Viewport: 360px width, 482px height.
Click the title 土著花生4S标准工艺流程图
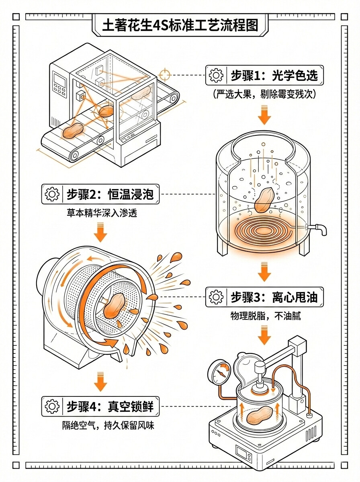(x=180, y=26)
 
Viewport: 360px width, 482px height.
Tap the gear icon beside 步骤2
(x=52, y=194)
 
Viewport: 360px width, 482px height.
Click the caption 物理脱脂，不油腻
(x=265, y=316)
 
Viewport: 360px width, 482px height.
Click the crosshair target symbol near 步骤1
(x=165, y=75)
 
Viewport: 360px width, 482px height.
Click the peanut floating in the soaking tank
(x=264, y=199)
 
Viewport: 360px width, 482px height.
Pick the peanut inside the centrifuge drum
(x=115, y=306)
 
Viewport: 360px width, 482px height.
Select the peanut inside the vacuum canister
(x=259, y=416)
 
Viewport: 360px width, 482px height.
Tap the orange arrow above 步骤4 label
(x=100, y=382)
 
